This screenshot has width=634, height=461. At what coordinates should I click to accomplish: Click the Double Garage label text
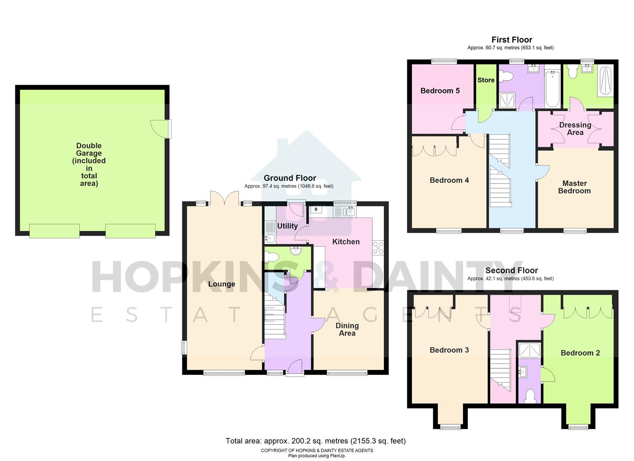pyautogui.click(x=89, y=164)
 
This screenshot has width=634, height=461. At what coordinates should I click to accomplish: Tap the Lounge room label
pyautogui.click(x=222, y=284)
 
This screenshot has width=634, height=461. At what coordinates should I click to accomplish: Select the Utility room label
pyautogui.click(x=287, y=226)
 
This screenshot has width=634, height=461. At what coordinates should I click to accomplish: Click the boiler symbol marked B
pyautogui.click(x=316, y=210)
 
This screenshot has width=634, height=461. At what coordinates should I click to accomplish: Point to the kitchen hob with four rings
pyautogui.click(x=378, y=248)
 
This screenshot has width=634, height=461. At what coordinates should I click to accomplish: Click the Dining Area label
pyautogui.click(x=347, y=329)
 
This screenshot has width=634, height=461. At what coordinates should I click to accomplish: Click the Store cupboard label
pyautogui.click(x=486, y=80)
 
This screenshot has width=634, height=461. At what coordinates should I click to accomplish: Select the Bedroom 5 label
pyautogui.click(x=440, y=91)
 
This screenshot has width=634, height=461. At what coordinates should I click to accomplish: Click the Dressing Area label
pyautogui.click(x=575, y=128)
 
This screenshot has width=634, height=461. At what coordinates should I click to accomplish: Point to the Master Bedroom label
pyautogui.click(x=574, y=187)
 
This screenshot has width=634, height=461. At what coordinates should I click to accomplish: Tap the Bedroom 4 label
pyautogui.click(x=449, y=181)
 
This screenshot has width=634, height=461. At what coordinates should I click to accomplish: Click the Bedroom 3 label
pyautogui.click(x=449, y=350)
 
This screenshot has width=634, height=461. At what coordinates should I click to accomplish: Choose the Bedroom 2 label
pyautogui.click(x=580, y=353)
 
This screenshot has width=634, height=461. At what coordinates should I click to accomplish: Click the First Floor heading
pyautogui.click(x=511, y=40)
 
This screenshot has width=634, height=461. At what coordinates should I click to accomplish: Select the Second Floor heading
pyautogui.click(x=511, y=271)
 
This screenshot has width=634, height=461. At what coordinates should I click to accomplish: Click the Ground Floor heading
pyautogui.click(x=290, y=178)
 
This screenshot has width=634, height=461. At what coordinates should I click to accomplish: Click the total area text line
pyautogui.click(x=316, y=441)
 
